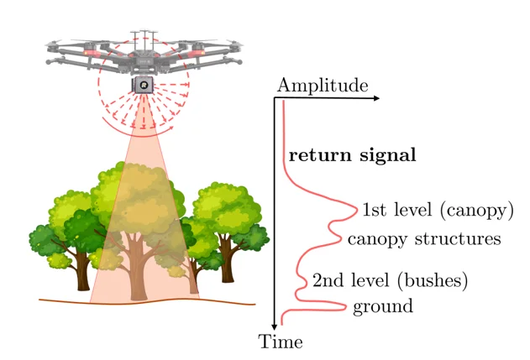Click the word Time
(x=281, y=342)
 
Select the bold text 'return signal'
(x=353, y=155)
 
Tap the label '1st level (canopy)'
(x=438, y=209)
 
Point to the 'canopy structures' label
(x=423, y=239)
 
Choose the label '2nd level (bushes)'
(x=390, y=279)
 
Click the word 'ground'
(x=382, y=306)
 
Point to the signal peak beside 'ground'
(x=344, y=307)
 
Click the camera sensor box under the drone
(x=144, y=86)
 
